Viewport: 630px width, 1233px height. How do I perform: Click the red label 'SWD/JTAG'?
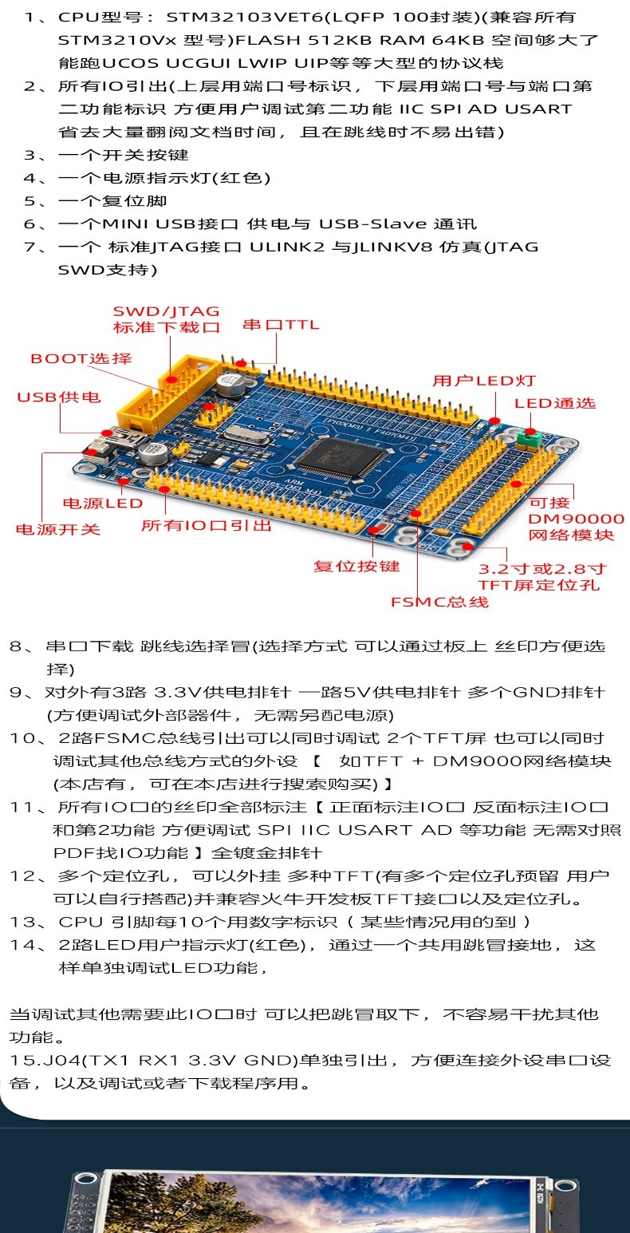point(166,311)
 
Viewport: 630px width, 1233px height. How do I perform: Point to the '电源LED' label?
point(103,504)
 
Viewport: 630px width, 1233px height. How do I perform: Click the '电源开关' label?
point(58,529)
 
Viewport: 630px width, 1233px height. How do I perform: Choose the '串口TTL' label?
point(281,325)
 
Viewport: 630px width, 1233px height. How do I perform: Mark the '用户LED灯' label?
point(484,381)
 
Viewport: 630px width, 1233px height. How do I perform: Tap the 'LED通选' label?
point(555,403)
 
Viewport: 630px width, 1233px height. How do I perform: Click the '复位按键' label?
point(356,566)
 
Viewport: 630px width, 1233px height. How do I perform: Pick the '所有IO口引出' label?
point(207,526)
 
